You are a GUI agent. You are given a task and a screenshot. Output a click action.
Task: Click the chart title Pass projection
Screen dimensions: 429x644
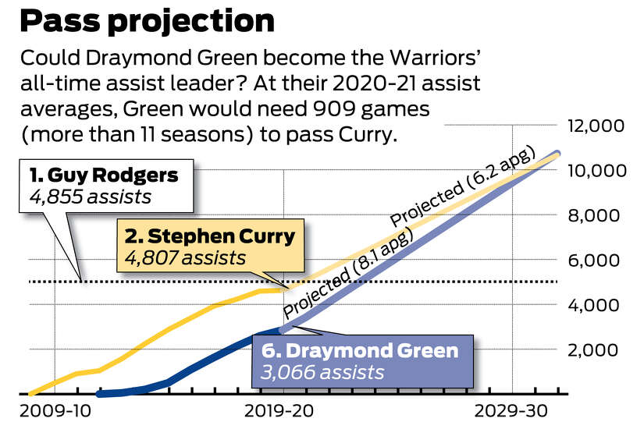tap(147, 21)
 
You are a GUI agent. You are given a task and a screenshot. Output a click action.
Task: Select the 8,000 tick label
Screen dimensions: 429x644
tap(598, 215)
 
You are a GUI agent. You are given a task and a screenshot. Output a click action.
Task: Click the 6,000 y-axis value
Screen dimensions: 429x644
tap(598, 260)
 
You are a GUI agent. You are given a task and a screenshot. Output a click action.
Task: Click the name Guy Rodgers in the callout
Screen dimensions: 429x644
tap(104, 175)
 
